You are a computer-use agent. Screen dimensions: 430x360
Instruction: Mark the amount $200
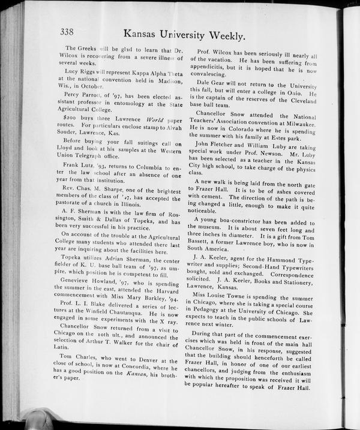click(x=71, y=119)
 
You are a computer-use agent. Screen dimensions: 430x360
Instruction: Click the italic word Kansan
click(x=142, y=374)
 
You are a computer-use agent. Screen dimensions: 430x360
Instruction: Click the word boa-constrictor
click(x=240, y=222)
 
